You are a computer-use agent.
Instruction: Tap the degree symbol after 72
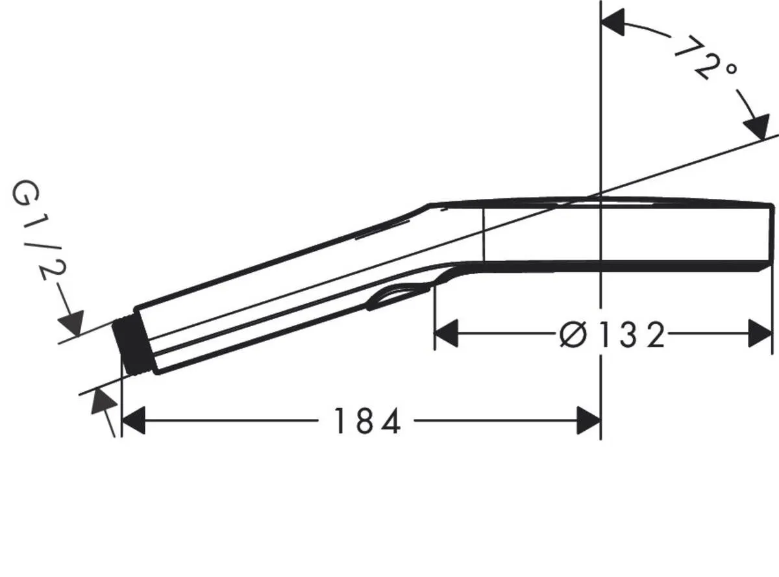pyautogui.click(x=731, y=71)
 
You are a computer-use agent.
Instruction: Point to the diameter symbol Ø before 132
pyautogui.click(x=573, y=335)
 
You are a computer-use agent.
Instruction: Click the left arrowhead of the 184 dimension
pyautogui.click(x=133, y=421)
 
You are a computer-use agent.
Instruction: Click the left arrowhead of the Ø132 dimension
pyautogui.click(x=446, y=334)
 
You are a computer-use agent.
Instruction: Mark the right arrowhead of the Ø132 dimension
pyautogui.click(x=760, y=334)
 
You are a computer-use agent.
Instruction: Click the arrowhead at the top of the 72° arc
pyautogui.click(x=613, y=23)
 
